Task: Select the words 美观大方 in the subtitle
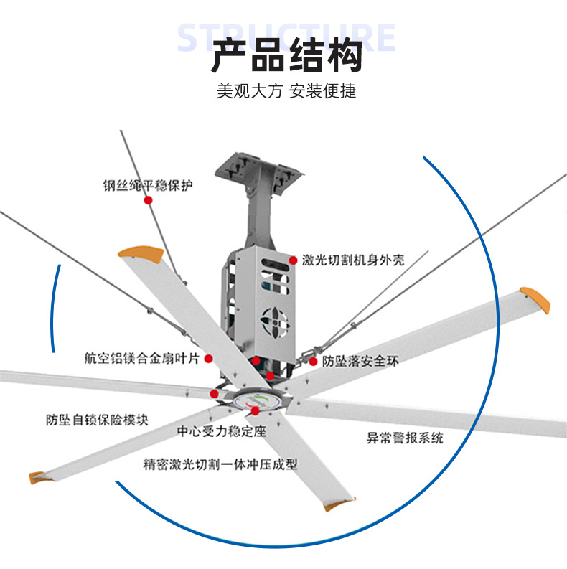248,92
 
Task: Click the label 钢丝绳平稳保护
148,185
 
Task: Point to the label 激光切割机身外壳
352,260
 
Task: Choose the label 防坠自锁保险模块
97,420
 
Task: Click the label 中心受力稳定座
221,432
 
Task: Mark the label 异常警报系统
405,437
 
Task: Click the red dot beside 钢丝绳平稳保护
149,200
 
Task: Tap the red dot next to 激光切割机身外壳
293,259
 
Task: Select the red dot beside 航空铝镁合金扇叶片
208,358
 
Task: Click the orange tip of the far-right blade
535,296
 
